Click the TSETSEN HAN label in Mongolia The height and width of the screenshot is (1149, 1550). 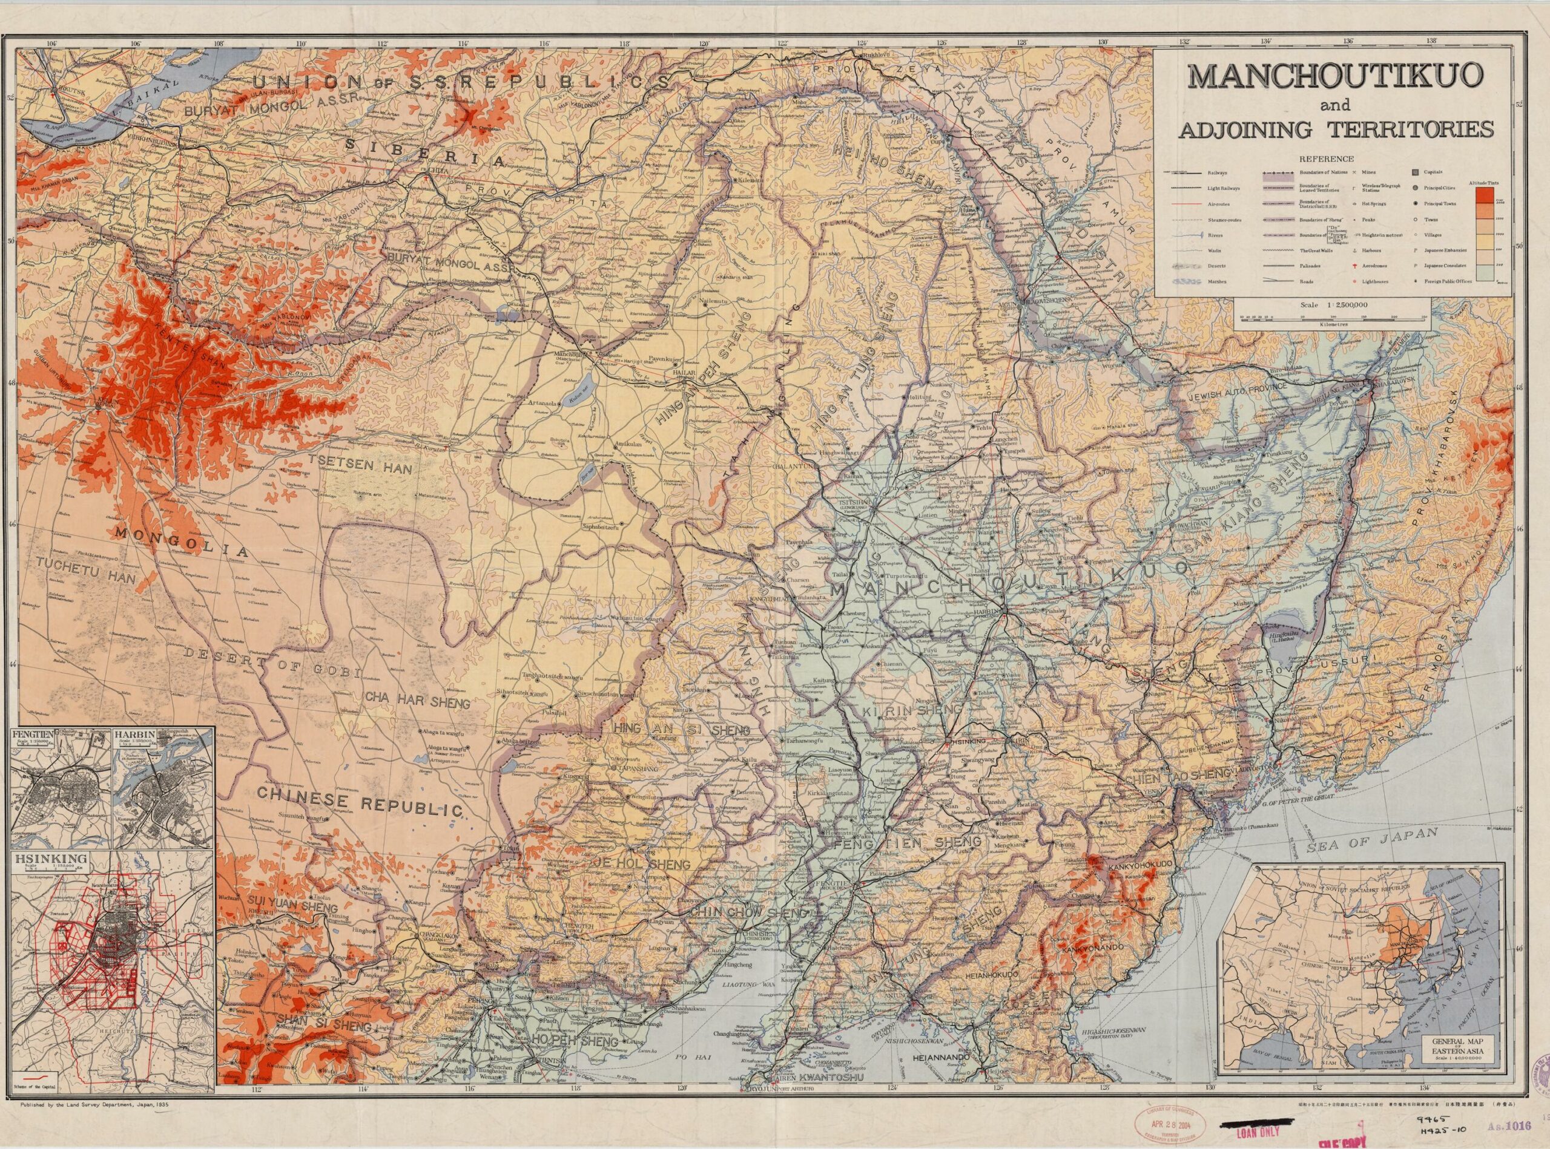coord(360,469)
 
